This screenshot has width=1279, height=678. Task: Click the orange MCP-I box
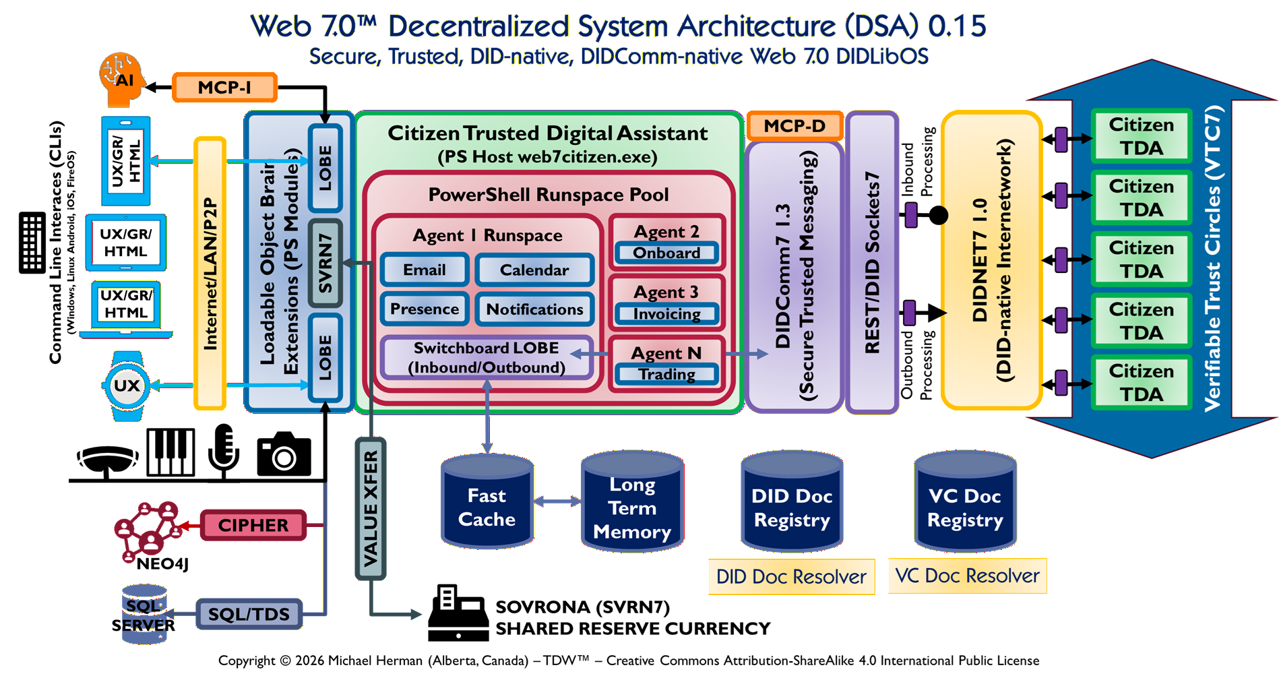[224, 88]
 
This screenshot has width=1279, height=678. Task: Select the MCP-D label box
[794, 126]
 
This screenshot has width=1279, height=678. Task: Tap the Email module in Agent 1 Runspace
[425, 270]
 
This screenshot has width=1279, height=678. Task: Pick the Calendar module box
[534, 270]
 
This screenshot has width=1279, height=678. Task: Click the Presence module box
[425, 309]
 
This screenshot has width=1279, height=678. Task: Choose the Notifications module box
[534, 309]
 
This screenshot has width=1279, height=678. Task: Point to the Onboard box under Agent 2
[666, 253]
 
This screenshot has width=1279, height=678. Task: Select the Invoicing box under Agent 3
[666, 314]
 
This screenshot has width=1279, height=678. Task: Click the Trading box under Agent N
[666, 375]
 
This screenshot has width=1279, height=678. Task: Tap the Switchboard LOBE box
[487, 358]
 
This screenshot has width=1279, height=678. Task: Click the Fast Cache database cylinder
[487, 502]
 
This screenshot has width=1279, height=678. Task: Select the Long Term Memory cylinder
[632, 502]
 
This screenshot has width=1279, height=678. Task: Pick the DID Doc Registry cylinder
[792, 502]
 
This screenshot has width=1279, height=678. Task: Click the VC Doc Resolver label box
[967, 576]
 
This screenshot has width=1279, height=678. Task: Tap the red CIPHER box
[253, 526]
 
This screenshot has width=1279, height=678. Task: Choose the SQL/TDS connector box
[249, 614]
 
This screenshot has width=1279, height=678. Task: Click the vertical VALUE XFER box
[371, 509]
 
